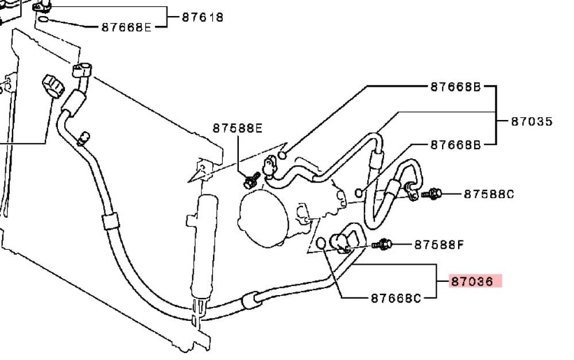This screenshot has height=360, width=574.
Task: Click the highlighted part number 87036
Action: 472,281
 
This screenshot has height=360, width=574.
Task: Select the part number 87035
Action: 532,121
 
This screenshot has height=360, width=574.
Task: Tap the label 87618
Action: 203,17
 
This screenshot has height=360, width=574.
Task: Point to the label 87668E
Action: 126,27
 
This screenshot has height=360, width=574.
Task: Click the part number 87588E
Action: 238,128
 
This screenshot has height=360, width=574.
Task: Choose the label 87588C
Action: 488,193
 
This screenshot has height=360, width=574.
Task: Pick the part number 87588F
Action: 439,244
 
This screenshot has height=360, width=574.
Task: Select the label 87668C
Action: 396,298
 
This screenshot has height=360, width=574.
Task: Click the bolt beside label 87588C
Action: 432,193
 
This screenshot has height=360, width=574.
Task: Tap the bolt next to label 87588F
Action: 382,244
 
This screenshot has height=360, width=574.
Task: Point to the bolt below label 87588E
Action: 251,180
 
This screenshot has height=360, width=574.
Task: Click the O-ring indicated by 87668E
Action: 43,19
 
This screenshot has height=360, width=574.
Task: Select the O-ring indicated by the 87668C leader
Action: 321,243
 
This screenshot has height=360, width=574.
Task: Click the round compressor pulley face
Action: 263,218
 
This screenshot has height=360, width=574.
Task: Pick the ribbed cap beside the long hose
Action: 53,86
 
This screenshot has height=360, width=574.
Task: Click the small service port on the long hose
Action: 84,138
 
